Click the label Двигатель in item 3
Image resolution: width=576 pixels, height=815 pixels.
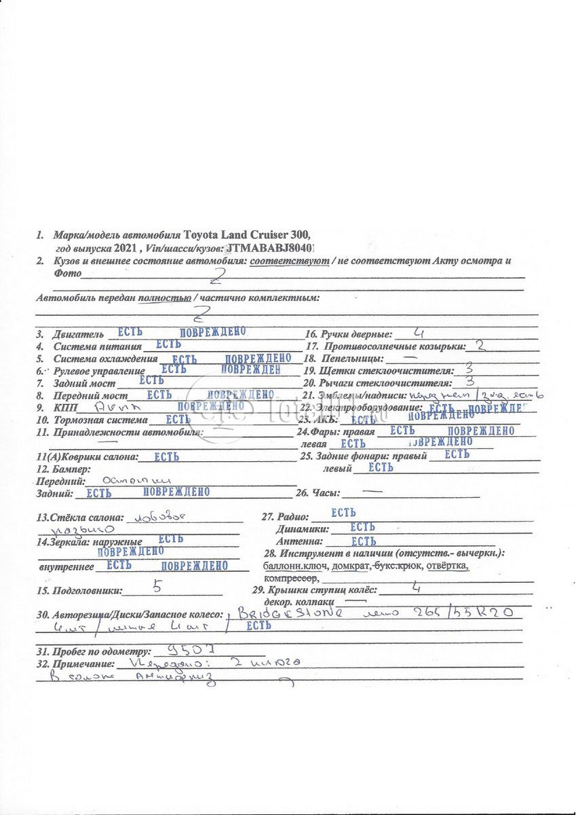tap(79, 334)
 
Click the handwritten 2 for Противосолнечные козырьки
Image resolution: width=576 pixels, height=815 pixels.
tap(480, 345)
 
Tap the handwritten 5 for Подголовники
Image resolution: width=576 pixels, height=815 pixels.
tap(157, 585)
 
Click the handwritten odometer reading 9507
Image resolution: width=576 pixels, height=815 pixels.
tap(181, 649)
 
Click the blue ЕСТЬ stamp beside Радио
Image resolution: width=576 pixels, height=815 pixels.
tap(344, 513)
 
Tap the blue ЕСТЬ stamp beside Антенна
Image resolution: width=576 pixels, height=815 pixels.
tap(364, 541)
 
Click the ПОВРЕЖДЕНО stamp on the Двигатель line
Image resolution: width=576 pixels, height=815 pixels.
tap(212, 331)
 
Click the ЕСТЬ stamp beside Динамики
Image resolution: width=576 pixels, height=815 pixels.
tap(363, 527)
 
